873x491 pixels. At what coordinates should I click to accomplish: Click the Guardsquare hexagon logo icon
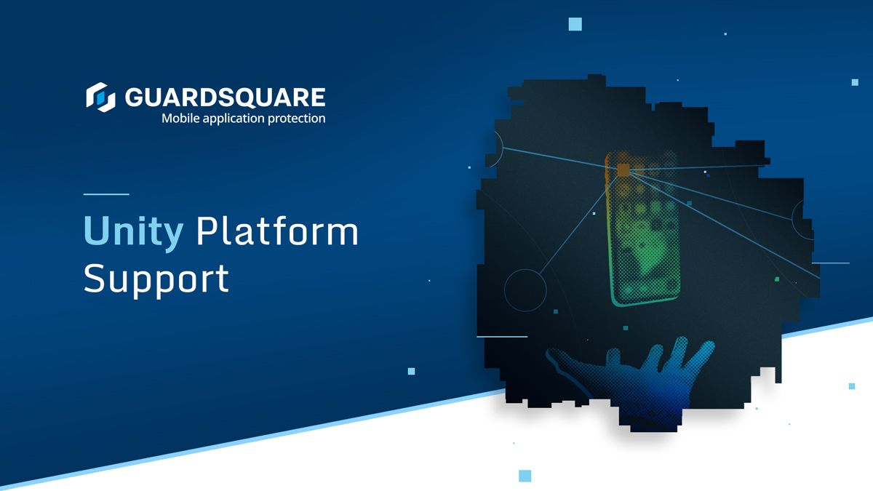[100, 97]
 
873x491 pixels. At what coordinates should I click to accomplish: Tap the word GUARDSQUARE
[225, 97]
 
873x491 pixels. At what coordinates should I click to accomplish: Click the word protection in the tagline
[298, 118]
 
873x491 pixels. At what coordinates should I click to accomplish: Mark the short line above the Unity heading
[106, 194]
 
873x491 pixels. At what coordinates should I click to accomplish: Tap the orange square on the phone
[623, 170]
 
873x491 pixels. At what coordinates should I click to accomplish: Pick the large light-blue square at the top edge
[575, 24]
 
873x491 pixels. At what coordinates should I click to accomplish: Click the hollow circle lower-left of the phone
[525, 290]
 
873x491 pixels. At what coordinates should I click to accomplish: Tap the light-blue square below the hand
[525, 476]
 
